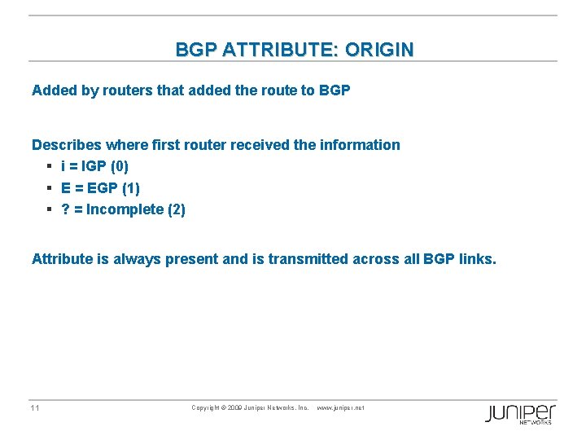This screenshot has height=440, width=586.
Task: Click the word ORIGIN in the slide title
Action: pos(378,50)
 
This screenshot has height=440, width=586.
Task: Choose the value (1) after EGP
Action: pos(129,188)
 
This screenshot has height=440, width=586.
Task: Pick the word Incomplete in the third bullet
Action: pos(125,209)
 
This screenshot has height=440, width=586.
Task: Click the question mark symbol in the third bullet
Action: pos(64,209)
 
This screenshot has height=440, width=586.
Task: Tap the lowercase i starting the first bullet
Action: pos(63,166)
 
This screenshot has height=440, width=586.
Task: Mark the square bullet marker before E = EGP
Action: pos(50,188)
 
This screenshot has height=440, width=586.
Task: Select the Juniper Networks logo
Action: pos(521,413)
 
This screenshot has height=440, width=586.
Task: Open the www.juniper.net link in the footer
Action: pos(339,407)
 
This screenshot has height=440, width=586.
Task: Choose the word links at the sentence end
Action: pos(474,259)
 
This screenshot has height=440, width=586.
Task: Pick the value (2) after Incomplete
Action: pos(176,209)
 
